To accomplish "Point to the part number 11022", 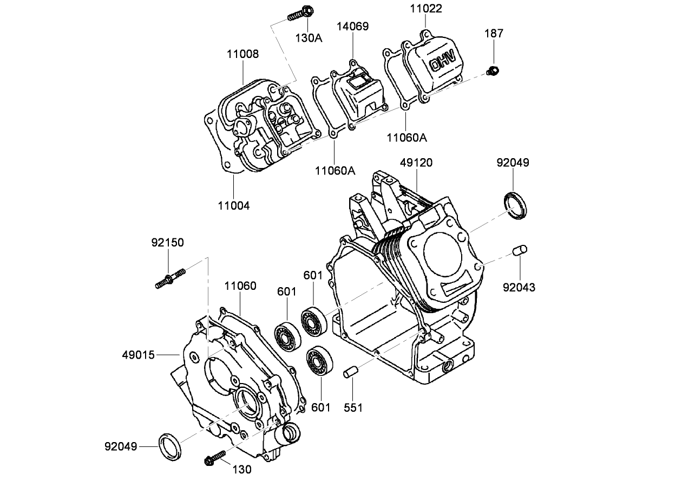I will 425,9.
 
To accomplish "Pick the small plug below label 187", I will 493,70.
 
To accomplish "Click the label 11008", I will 242,54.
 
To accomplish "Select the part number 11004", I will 234,205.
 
